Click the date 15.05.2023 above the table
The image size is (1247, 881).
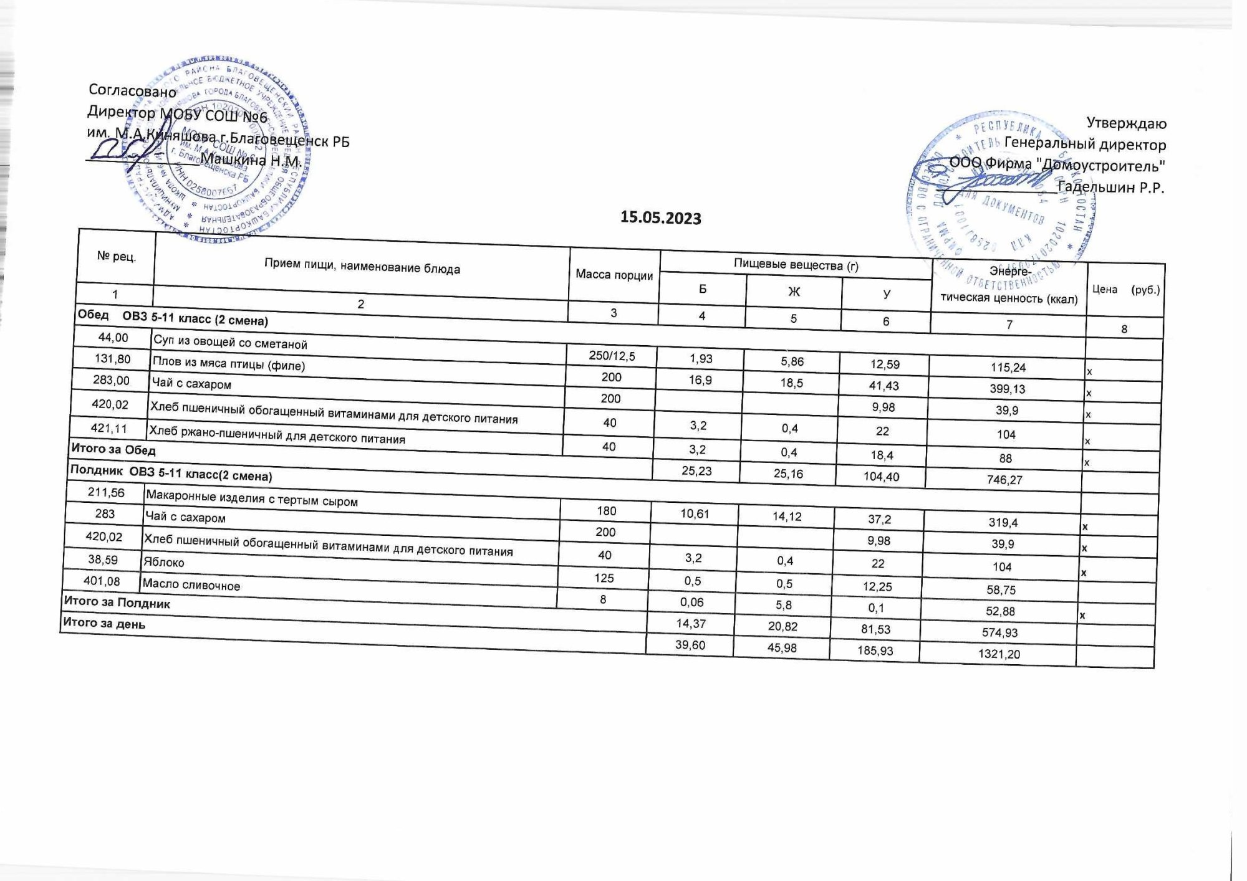point(660,218)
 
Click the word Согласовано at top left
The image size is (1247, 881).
point(132,91)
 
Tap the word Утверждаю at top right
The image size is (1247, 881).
point(1126,123)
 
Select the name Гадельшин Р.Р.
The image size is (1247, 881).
point(1111,187)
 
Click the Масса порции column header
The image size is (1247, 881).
point(614,275)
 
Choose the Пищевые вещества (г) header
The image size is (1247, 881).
point(796,265)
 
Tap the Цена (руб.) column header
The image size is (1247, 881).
point(1125,290)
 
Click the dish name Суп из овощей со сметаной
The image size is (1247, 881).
point(230,343)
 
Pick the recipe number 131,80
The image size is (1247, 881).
point(112,359)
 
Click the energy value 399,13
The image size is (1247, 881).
point(1008,389)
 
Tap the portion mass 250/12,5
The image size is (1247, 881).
point(612,356)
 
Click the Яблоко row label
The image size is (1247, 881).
point(164,562)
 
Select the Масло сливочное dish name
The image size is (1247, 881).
point(191,585)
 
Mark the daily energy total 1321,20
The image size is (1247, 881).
point(999,654)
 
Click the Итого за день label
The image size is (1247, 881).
point(104,623)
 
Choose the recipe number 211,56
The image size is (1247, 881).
point(106,493)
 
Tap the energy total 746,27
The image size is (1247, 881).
point(1004,480)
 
